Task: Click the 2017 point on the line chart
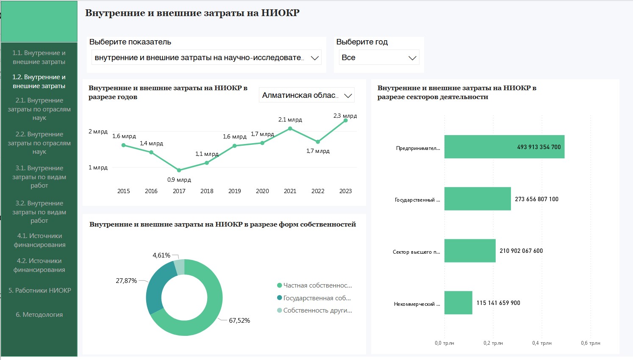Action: [179, 170]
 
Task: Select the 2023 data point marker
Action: [346, 120]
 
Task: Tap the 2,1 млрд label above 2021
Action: [290, 120]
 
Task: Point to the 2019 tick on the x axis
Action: [235, 191]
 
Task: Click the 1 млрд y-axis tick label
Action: [98, 168]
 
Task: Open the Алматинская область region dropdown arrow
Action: [348, 96]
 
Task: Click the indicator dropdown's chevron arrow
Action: [315, 58]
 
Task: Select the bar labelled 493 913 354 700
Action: [504, 147]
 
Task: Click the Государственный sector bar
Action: [478, 199]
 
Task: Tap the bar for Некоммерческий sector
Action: [458, 302]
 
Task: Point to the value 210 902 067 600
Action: [521, 251]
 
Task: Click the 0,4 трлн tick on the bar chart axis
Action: [542, 343]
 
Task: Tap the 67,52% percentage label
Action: [239, 321]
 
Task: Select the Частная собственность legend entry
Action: [317, 285]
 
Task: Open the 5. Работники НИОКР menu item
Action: [40, 291]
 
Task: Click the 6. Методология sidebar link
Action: [39, 315]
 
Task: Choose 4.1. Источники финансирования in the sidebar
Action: [39, 240]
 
